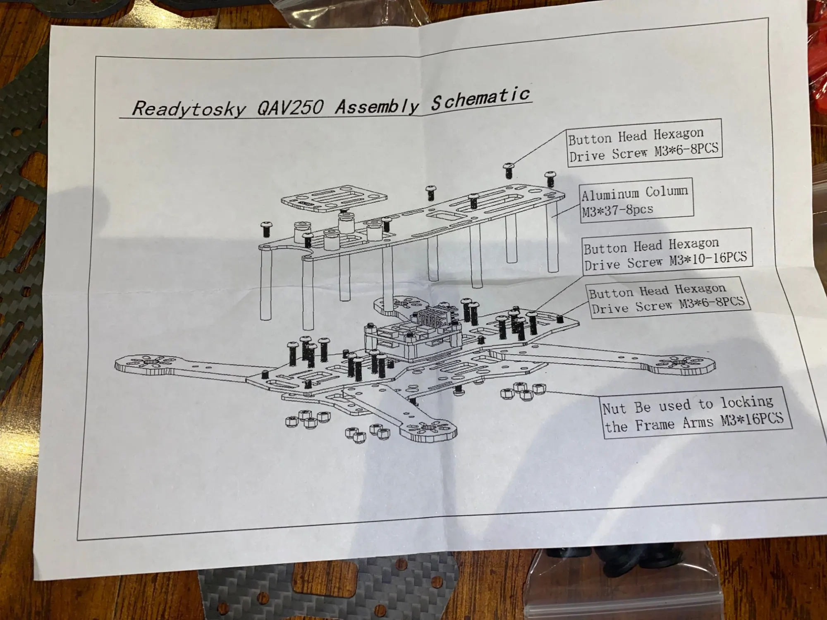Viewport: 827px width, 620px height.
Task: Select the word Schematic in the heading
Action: [x=480, y=98]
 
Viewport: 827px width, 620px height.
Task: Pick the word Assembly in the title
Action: [x=376, y=106]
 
